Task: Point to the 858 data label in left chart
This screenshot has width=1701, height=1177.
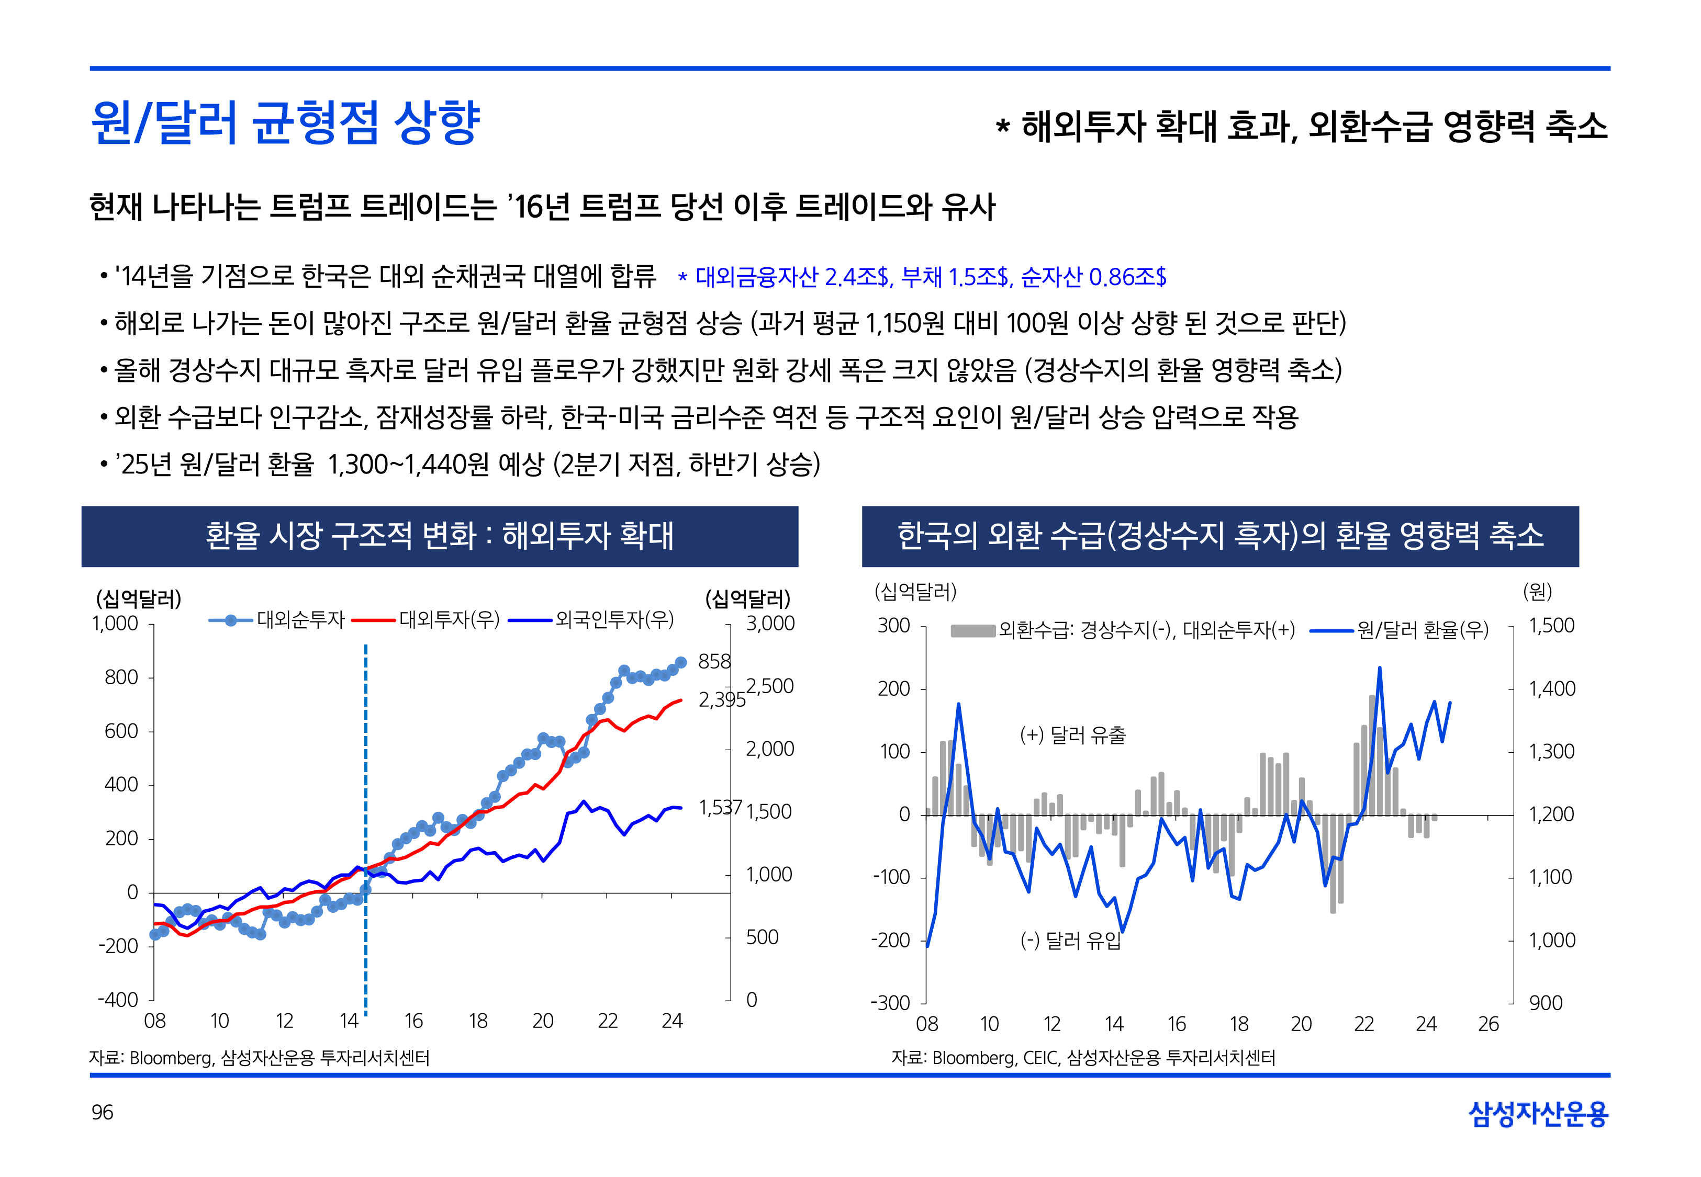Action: point(714,662)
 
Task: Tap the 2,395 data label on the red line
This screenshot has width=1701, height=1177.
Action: point(721,699)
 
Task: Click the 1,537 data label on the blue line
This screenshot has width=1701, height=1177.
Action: point(720,808)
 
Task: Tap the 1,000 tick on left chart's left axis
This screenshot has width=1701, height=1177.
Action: point(115,624)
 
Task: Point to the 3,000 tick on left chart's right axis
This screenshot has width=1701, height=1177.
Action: point(770,624)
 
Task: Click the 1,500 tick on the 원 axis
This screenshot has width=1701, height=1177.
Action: point(1551,625)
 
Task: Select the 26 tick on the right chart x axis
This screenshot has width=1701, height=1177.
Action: point(1489,1024)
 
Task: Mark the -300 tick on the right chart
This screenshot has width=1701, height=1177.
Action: point(890,1003)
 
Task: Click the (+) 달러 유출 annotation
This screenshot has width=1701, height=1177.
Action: point(1072,735)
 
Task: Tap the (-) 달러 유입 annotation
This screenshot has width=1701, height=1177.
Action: point(1070,940)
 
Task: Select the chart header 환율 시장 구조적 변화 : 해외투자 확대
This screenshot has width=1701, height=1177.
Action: point(440,536)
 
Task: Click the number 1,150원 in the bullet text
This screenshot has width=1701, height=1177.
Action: point(904,323)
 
